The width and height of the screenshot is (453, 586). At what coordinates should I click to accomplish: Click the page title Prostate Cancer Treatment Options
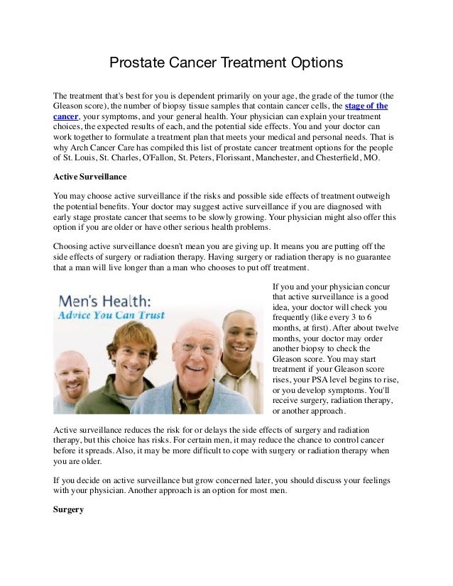(x=226, y=64)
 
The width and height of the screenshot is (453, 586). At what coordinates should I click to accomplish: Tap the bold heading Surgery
(x=69, y=509)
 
